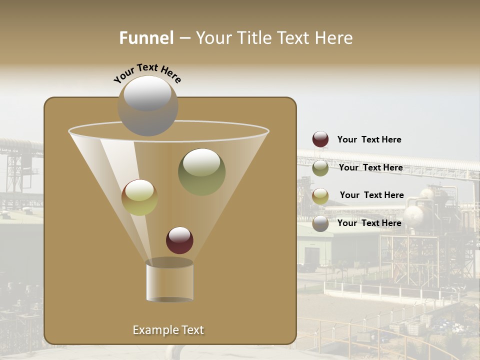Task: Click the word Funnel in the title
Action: (x=146, y=38)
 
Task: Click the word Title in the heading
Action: (x=254, y=38)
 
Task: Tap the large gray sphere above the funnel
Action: (x=147, y=105)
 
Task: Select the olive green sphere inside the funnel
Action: (x=201, y=171)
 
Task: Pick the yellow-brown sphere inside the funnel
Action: (x=139, y=197)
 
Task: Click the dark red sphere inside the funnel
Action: (x=179, y=240)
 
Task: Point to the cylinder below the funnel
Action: (x=169, y=281)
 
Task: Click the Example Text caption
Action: (x=168, y=330)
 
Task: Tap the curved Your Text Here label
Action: (x=147, y=72)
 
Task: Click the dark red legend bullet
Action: (x=320, y=139)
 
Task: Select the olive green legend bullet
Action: (x=320, y=168)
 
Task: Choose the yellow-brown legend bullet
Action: (x=320, y=196)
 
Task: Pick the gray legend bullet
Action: (x=320, y=223)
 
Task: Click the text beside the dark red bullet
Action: (x=369, y=139)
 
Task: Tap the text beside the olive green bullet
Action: (x=370, y=167)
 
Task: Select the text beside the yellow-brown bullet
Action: (x=371, y=195)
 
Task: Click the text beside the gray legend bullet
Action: (x=369, y=223)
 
